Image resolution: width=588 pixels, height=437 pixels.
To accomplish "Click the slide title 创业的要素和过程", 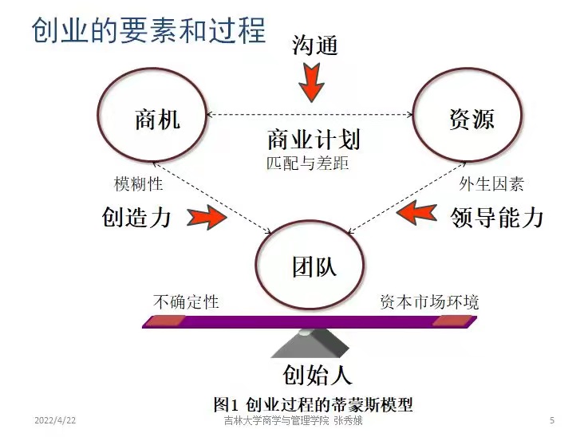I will [148, 30].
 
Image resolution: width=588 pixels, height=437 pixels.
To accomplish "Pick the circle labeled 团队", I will [314, 265].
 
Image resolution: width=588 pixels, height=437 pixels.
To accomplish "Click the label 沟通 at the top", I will [314, 45].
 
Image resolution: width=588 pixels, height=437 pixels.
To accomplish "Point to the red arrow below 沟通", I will [310, 82].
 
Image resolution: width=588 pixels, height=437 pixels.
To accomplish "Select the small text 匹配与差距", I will [308, 163].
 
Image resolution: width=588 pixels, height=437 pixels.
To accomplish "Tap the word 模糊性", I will [139, 185].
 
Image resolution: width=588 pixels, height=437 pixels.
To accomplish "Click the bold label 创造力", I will [136, 217].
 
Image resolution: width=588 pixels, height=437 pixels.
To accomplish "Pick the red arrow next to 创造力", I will [205, 217].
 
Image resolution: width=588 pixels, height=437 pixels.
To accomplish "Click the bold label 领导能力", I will [496, 217].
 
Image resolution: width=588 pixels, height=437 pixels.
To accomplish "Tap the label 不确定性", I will [186, 302].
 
